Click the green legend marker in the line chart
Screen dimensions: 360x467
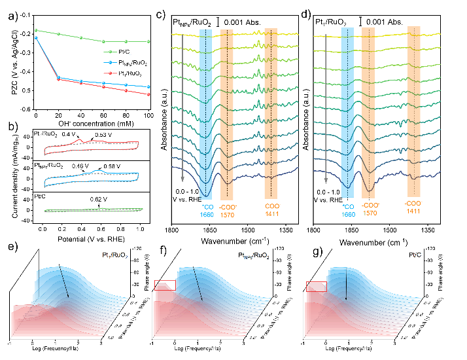[x=110, y=51]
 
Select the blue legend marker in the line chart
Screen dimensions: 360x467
[x=110, y=62]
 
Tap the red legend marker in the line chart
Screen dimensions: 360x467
[x=110, y=73]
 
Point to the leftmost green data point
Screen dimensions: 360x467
[x=37, y=30]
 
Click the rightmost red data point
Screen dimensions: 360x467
[x=149, y=94]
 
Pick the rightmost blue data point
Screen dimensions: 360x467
[x=149, y=86]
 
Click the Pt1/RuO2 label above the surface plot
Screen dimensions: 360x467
[x=115, y=255]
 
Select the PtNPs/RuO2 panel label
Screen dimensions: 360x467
[x=254, y=255]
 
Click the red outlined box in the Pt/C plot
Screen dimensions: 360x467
[x=317, y=285]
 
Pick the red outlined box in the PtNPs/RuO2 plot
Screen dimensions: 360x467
[x=165, y=285]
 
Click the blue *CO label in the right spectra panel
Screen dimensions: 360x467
[x=348, y=206]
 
